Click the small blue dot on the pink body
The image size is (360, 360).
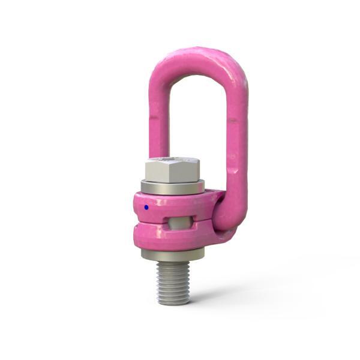[146, 208]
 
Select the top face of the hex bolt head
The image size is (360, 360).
[173, 161]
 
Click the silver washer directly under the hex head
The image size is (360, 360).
[173, 187]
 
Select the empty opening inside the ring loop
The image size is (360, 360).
[198, 114]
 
